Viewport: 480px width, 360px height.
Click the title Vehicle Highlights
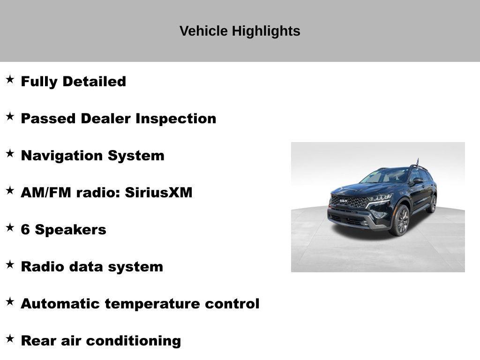point(240,31)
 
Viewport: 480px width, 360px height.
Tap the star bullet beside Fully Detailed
point(10,80)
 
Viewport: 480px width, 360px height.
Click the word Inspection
point(176,119)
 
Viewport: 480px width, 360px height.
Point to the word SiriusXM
point(158,193)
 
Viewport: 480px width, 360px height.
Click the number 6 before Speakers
point(25,230)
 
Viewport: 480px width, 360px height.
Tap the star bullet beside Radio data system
point(10,265)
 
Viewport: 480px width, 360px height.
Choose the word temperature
point(153,304)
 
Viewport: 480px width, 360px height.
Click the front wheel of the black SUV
point(401,220)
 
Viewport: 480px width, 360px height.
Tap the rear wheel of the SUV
point(432,204)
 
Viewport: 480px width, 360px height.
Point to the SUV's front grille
point(349,202)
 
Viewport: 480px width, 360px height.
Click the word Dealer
point(106,119)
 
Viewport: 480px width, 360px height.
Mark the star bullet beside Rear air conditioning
point(10,339)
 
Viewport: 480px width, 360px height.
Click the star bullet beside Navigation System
point(10,154)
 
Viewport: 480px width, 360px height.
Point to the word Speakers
point(70,230)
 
